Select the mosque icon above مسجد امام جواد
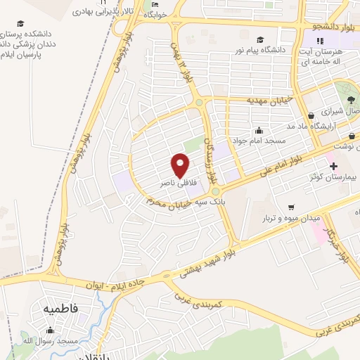pyautogui.click(x=259, y=129)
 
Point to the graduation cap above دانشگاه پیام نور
pyautogui.click(x=260, y=39)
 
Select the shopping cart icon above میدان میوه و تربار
pyautogui.click(x=290, y=207)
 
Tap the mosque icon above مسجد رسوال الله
pyautogui.click(x=50, y=328)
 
